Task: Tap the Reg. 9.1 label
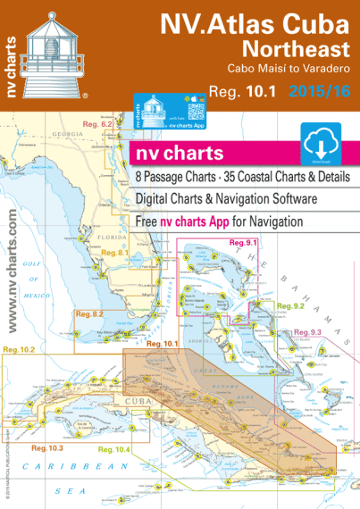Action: (x=243, y=243)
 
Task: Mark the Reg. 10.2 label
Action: (x=20, y=349)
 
